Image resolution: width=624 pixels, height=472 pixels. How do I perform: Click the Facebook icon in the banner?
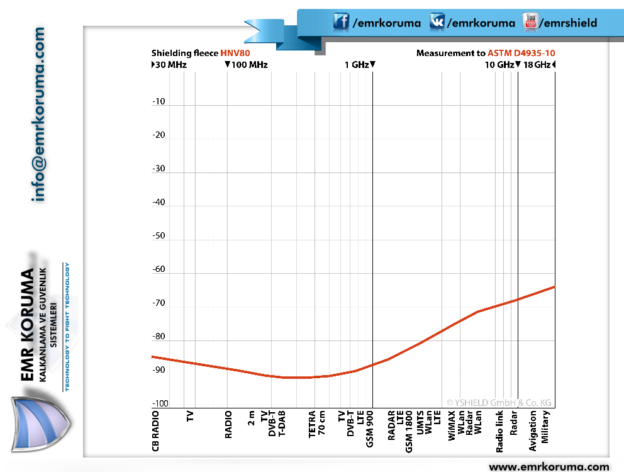(341, 21)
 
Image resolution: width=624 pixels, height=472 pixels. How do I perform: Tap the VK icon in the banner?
(437, 21)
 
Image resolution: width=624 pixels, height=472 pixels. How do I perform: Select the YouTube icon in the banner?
(530, 21)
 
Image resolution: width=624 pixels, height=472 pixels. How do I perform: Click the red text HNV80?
(235, 53)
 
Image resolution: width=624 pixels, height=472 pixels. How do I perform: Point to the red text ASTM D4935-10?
(521, 53)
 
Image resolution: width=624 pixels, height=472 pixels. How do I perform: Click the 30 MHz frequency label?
(171, 65)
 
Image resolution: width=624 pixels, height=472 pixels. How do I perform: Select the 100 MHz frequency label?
(250, 65)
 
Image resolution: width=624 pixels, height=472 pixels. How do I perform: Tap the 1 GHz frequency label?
(357, 65)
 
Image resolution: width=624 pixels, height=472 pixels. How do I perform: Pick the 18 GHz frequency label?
(537, 65)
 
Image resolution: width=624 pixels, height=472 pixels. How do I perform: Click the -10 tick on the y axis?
(159, 101)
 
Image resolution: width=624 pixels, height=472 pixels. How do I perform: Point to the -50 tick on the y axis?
(159, 235)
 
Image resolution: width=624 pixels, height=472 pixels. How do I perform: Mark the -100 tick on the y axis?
(160, 403)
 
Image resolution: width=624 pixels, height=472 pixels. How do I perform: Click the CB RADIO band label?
(155, 431)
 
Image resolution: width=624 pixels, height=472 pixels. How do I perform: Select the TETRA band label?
(312, 424)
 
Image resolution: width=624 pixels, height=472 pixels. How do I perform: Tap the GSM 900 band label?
(370, 429)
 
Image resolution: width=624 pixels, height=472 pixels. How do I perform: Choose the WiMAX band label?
(452, 425)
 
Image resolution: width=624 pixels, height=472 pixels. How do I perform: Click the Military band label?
(545, 427)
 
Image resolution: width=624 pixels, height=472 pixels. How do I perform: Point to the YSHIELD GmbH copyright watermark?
(499, 403)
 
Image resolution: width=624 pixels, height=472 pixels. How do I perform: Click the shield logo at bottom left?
(40, 424)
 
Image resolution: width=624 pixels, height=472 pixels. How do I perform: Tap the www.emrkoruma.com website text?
(549, 466)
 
